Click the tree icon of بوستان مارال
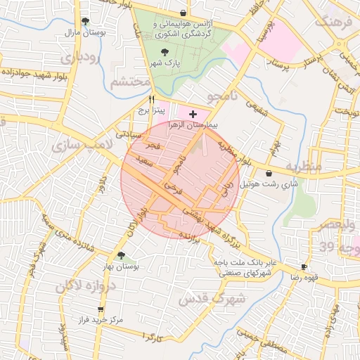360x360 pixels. pyautogui.click(x=85, y=21)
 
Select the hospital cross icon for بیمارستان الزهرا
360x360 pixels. pyautogui.click(x=193, y=113)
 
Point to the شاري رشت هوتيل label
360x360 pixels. pyautogui.click(x=264, y=185)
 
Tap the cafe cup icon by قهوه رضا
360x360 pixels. pyautogui.click(x=304, y=267)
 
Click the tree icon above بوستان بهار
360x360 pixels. pyautogui.click(x=122, y=255)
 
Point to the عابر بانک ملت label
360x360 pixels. pyautogui.click(x=247, y=262)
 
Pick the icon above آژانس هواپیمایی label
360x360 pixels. pyautogui.click(x=183, y=13)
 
